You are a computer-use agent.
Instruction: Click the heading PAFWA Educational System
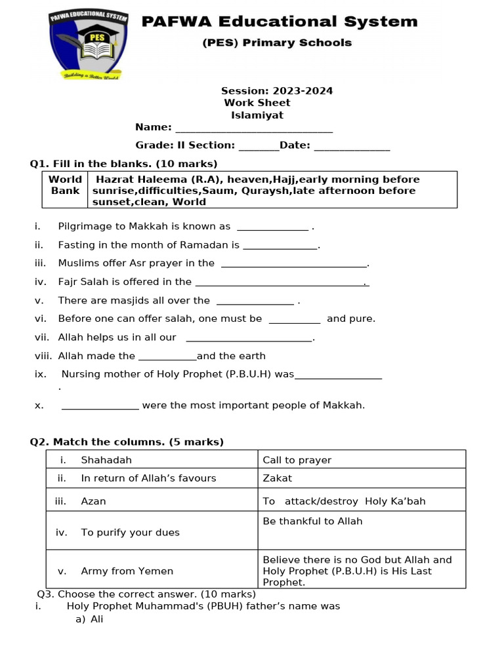point(280,22)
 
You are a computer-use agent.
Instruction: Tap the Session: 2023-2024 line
point(276,91)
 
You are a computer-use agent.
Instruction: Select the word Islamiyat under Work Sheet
point(257,115)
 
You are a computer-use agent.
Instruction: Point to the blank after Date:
point(352,147)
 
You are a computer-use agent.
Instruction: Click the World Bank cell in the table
point(65,185)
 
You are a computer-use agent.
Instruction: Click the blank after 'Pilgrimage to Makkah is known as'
point(272,228)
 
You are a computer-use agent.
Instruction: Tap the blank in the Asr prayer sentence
point(293,265)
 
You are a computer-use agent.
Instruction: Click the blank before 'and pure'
point(295,320)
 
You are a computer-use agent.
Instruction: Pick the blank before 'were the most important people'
point(100,407)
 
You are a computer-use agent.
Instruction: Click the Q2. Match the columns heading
point(127,442)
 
